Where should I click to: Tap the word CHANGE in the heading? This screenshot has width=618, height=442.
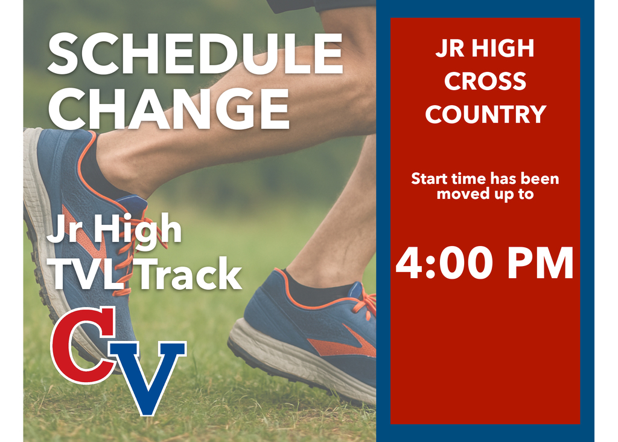168,109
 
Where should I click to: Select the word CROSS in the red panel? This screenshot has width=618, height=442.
485,82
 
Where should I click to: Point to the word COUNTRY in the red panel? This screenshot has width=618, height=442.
485,114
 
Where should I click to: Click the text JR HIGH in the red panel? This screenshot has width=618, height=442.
485,49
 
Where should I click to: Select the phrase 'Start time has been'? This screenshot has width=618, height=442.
485,179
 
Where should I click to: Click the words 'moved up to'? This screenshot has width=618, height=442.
485,194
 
